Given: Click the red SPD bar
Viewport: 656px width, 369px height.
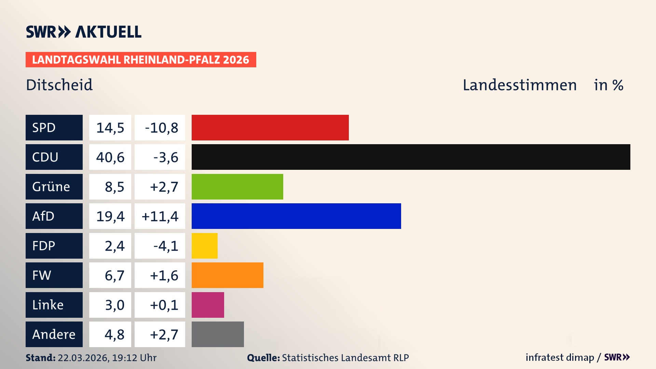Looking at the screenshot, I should tap(270, 127).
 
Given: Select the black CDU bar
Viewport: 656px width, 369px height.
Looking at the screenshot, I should tap(411, 157).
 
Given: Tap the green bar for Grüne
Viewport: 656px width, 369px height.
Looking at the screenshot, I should tap(237, 187).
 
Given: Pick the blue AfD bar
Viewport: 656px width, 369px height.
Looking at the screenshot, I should tap(296, 216).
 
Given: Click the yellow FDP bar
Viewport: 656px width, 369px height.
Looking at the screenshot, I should tap(204, 246).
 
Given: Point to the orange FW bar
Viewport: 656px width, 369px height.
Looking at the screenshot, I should tap(227, 275).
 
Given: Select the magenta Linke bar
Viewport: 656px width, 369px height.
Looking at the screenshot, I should tap(208, 305).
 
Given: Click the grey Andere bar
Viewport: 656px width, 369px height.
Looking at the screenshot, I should tap(218, 334).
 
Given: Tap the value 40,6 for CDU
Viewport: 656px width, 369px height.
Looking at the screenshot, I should tap(110, 157).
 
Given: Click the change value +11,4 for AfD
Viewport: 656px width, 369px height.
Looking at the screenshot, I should tap(160, 216).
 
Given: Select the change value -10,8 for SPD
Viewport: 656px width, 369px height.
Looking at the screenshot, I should tap(161, 128).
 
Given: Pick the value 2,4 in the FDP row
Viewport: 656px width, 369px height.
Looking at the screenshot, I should tap(114, 246).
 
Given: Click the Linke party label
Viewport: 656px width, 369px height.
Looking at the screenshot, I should tap(48, 305).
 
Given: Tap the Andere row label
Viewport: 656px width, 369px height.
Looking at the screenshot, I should tap(54, 334).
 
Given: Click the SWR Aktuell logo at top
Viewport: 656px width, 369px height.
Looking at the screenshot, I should tap(83, 32).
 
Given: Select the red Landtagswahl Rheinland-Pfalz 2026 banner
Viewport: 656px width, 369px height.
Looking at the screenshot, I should tap(140, 60).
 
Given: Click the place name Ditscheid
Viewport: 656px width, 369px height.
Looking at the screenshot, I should tap(59, 85).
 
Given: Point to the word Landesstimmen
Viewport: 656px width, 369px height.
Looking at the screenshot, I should tap(519, 85).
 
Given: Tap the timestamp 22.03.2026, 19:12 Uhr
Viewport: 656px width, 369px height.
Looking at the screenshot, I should tap(107, 358).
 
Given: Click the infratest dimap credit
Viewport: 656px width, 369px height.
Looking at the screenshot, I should tap(560, 357).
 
